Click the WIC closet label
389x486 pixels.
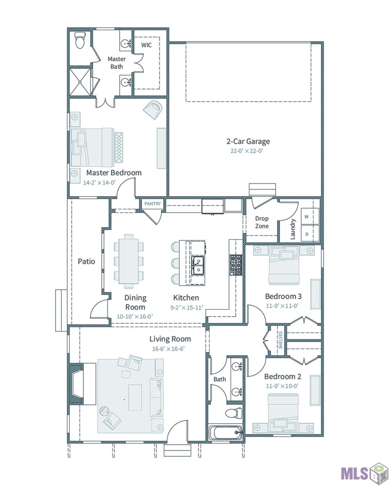(x=146, y=45)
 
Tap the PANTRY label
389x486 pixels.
(x=153, y=203)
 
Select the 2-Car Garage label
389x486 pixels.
(x=248, y=141)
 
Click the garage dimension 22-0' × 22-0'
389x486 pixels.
(x=247, y=151)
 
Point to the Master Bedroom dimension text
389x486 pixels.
(x=100, y=182)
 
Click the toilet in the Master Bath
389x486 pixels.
(x=80, y=40)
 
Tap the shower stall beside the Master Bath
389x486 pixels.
(x=80, y=82)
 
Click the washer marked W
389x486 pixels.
(x=306, y=216)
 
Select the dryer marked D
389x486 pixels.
(x=306, y=234)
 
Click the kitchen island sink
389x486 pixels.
(x=197, y=265)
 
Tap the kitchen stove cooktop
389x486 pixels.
(x=236, y=265)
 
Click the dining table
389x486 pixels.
(x=129, y=261)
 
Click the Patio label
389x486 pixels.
(x=86, y=261)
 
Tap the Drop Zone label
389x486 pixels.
(x=262, y=222)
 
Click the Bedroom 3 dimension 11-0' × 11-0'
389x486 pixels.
(x=282, y=306)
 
